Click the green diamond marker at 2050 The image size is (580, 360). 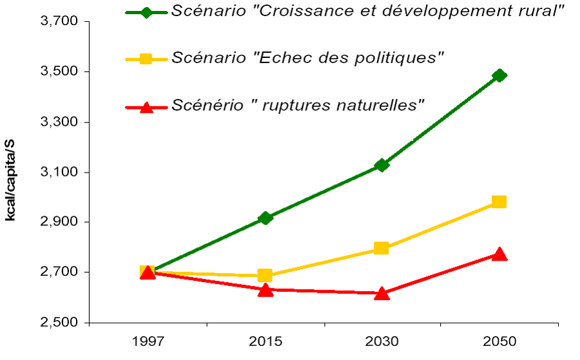pyautogui.click(x=499, y=75)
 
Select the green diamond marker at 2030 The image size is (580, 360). pyautogui.click(x=382, y=165)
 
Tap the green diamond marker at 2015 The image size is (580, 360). pyautogui.click(x=265, y=218)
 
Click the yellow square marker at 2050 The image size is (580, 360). pyautogui.click(x=499, y=202)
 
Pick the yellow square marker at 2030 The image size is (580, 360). pyautogui.click(x=382, y=248)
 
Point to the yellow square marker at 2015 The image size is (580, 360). pyautogui.click(x=265, y=276)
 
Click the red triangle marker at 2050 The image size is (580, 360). pyautogui.click(x=499, y=254)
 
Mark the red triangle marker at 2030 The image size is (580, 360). pyautogui.click(x=382, y=293)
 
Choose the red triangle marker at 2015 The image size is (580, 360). pyautogui.click(x=265, y=289)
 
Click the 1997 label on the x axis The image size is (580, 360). pyautogui.click(x=148, y=341)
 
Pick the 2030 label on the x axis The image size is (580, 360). pyautogui.click(x=382, y=341)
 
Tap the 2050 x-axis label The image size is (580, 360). pyautogui.click(x=499, y=341)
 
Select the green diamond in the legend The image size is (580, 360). pyautogui.click(x=146, y=12)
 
